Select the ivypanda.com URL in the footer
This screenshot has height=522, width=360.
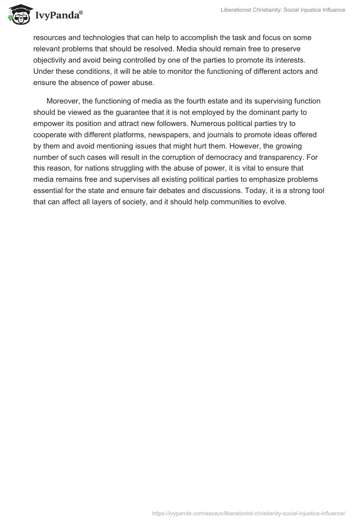point(249,513)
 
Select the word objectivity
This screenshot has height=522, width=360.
point(51,60)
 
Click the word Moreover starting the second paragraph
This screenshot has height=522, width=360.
point(63,101)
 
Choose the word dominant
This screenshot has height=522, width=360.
point(233,112)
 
